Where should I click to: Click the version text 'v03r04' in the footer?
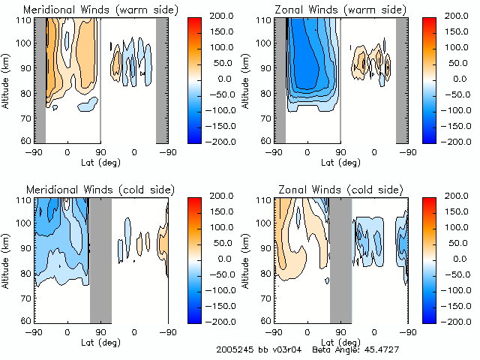[x=285, y=350]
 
